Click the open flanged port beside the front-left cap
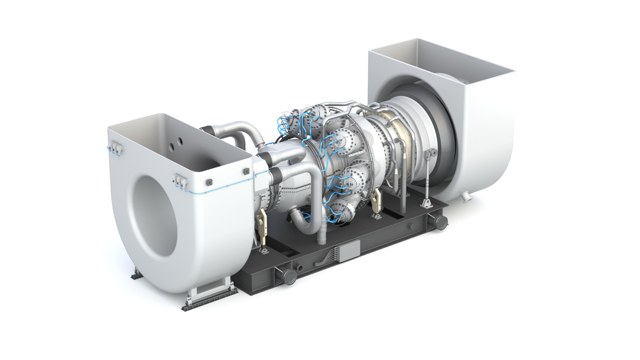tap(297, 267)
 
